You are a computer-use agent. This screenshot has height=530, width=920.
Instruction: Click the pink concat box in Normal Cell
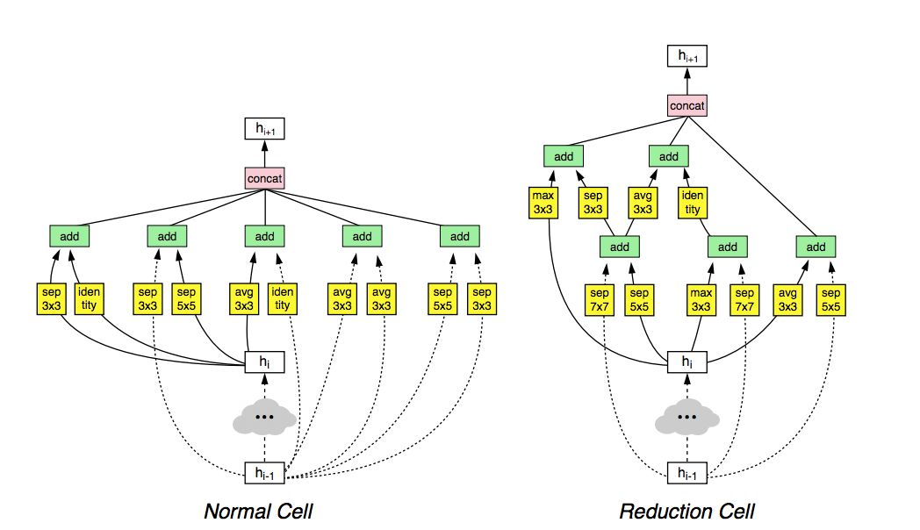click(x=264, y=178)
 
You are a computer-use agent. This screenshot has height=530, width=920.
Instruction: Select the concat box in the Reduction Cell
click(x=687, y=105)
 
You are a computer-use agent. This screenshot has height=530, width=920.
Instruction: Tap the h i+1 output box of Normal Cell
click(x=264, y=129)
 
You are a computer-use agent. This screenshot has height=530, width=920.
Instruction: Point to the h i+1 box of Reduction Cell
click(x=687, y=56)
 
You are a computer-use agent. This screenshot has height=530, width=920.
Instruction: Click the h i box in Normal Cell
click(x=264, y=362)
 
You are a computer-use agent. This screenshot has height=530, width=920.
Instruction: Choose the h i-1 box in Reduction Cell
click(x=687, y=473)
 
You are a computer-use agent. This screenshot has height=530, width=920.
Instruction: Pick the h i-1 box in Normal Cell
click(x=264, y=473)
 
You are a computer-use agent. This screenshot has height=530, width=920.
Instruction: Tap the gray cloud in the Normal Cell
click(x=264, y=417)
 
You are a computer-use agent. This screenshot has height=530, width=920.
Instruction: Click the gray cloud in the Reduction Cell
click(x=687, y=417)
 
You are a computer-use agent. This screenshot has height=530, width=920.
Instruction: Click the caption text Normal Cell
click(x=258, y=512)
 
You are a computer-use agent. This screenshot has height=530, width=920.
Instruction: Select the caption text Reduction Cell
click(x=687, y=512)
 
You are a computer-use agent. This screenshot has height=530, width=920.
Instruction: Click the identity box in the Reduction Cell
click(x=693, y=203)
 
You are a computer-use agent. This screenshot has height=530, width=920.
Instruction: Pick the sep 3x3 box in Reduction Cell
click(x=593, y=203)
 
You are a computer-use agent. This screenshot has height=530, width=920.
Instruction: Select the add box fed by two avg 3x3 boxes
click(x=362, y=236)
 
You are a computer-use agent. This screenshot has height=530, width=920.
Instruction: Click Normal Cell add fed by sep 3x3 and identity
click(x=69, y=236)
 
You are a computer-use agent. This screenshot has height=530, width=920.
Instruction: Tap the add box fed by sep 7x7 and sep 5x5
click(x=620, y=247)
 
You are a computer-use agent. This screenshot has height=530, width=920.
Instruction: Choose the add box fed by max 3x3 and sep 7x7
click(x=728, y=247)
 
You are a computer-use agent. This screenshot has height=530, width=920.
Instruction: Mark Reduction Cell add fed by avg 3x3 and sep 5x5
click(x=816, y=247)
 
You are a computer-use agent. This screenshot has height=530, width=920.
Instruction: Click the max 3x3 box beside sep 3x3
click(x=543, y=203)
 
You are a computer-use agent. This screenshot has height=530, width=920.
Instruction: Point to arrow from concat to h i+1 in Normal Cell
click(x=264, y=154)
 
